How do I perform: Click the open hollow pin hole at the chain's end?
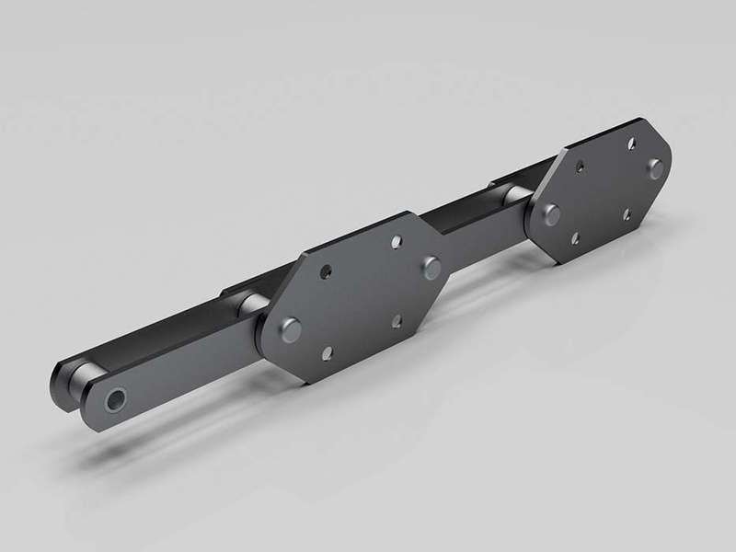tap(117, 401)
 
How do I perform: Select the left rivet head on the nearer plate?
tap(292, 328)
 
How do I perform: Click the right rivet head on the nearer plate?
tap(431, 267)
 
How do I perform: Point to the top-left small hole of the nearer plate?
tap(326, 273)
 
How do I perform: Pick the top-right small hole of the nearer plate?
tap(397, 242)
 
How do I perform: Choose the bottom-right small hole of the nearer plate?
tap(397, 320)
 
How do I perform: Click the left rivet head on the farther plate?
tap(551, 215)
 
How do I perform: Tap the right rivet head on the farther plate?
tap(654, 168)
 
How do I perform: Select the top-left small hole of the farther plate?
tap(580, 168)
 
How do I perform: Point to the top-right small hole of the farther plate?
tap(631, 144)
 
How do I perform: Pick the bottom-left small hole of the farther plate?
tap(575, 238)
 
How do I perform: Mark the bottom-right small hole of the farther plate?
tap(627, 214)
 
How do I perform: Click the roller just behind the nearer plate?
tap(250, 305)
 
